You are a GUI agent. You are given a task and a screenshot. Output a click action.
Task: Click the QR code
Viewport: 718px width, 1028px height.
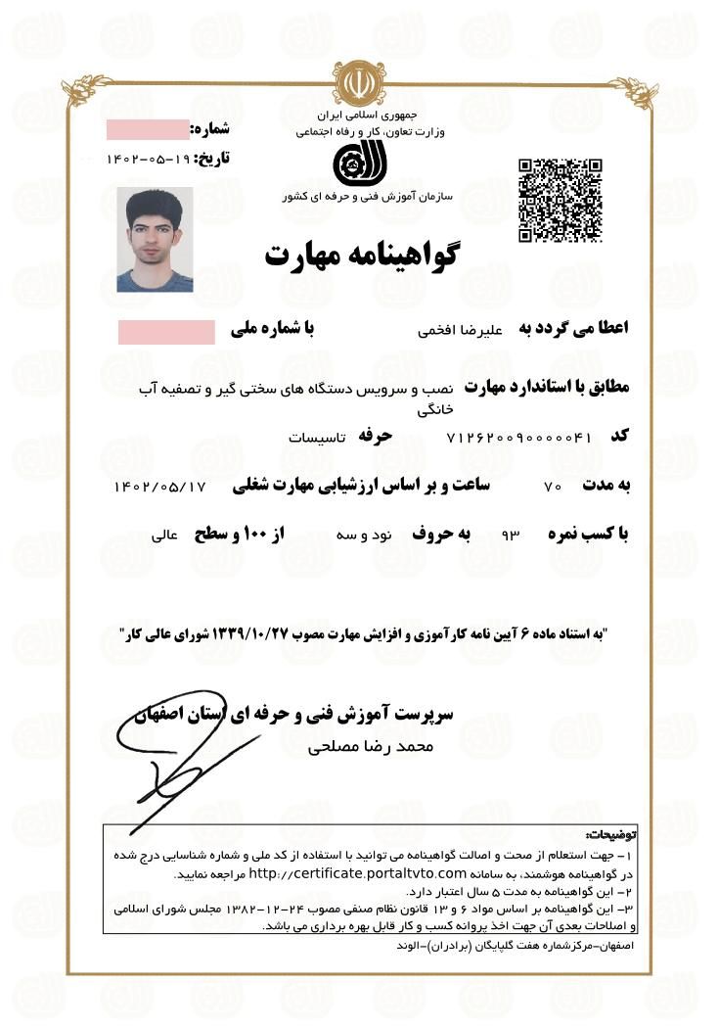pos(560,199)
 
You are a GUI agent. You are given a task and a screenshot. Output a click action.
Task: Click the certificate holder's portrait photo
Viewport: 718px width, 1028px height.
pos(155,240)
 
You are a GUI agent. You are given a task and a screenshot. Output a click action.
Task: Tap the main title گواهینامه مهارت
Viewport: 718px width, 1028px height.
pos(362,254)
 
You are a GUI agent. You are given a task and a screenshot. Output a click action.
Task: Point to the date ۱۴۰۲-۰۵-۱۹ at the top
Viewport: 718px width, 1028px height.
pos(148,158)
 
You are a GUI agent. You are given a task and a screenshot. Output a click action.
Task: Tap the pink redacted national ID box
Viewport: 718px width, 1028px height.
pos(166,332)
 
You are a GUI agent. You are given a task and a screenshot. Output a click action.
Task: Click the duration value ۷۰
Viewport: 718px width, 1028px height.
pos(552,487)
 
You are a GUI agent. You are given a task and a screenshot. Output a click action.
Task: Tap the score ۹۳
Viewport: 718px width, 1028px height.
pos(509,537)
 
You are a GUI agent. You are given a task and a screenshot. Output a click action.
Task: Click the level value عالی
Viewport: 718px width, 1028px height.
pos(164,537)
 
